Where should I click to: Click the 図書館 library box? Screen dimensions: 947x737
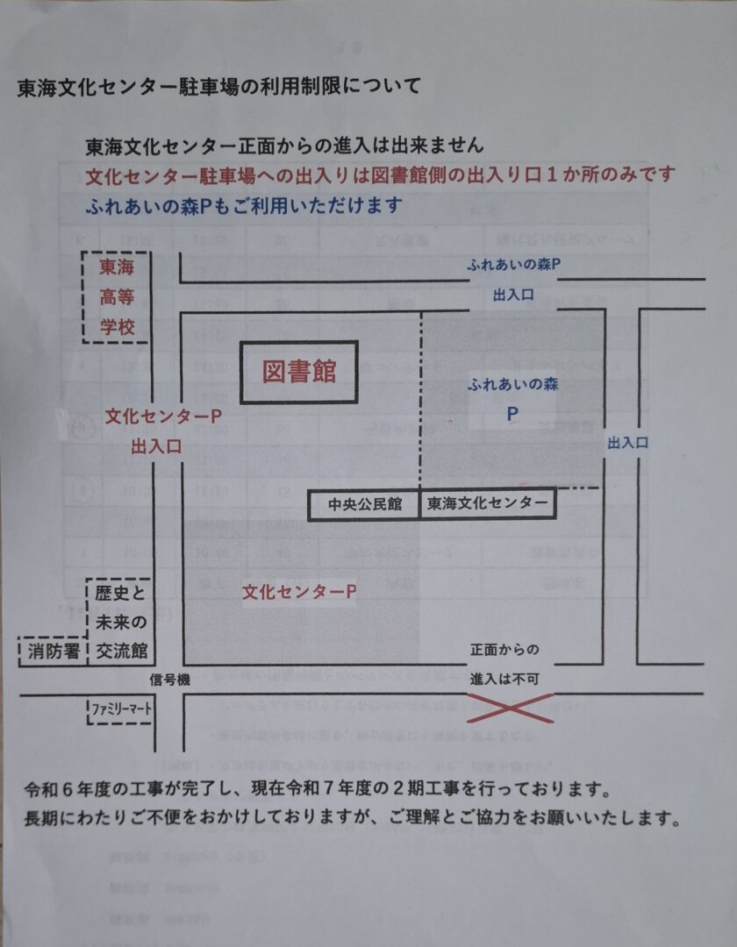click(299, 372)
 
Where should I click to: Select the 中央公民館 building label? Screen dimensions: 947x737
click(365, 504)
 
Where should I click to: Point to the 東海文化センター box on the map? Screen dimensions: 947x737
click(487, 504)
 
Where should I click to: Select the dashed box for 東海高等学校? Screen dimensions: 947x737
click(117, 297)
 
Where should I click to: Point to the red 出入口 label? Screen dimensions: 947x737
click(156, 446)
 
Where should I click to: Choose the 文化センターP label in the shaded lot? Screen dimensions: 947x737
click(299, 592)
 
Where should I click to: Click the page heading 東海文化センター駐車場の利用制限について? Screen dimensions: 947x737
click(218, 87)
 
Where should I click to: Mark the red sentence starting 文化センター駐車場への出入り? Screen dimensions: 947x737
click(382, 174)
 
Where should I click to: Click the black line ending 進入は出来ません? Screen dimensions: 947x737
click(284, 145)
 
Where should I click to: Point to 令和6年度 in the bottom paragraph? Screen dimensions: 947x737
click(65, 790)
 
